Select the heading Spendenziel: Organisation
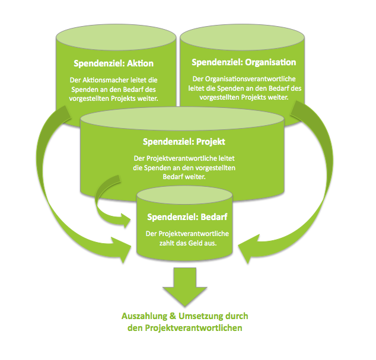pos(244,62)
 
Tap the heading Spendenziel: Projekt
pos(184,142)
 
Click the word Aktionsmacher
pos(106,79)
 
